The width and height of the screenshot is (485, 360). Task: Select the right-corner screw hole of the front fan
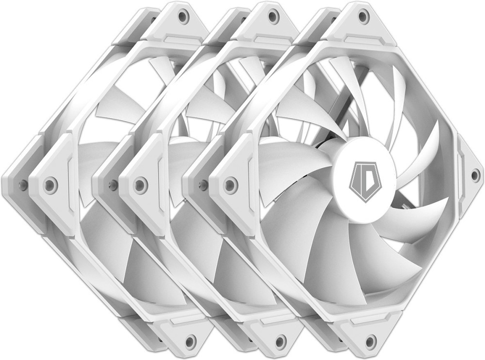(x=474, y=175)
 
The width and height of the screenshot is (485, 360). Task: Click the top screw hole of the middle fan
(x=272, y=16)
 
